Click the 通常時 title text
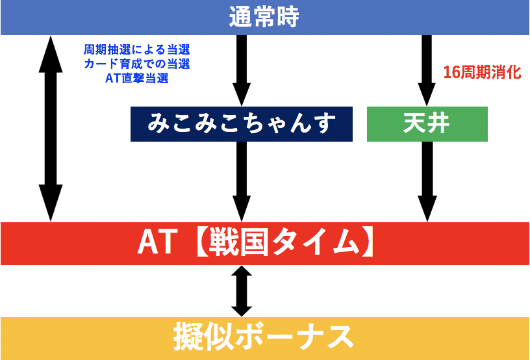click(264, 17)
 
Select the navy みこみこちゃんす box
click(242, 123)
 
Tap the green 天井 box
click(426, 123)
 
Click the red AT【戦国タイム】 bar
click(264, 244)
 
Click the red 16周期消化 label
click(481, 72)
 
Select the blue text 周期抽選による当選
click(136, 50)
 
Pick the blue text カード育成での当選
click(136, 64)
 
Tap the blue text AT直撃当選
click(136, 79)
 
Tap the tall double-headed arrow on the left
click(51, 128)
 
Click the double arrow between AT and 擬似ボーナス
click(242, 290)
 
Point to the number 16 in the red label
click(450, 72)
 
